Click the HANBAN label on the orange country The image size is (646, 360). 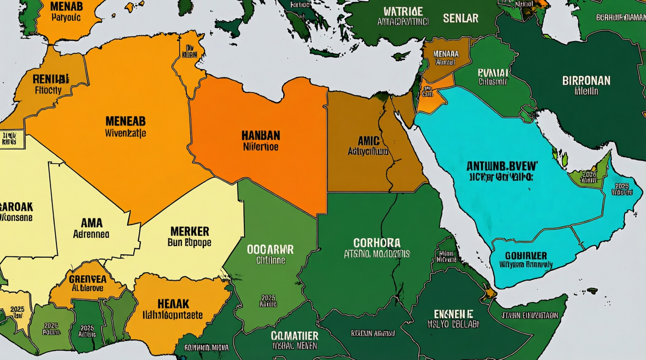(260, 136)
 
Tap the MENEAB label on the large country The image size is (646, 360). (125, 121)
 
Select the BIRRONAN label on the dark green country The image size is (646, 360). (586, 81)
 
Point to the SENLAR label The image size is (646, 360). (460, 18)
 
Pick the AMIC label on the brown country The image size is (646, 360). (368, 141)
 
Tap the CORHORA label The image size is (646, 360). (377, 243)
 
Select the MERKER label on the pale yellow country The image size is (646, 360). (189, 232)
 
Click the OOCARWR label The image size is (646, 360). (270, 249)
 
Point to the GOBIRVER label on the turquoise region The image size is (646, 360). (526, 256)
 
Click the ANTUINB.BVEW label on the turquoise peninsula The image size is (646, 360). (502, 166)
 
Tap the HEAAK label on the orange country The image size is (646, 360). (173, 303)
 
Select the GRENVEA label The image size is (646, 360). (87, 279)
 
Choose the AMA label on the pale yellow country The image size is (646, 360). (92, 223)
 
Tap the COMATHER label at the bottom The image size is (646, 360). (294, 336)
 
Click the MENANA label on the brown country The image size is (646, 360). (446, 54)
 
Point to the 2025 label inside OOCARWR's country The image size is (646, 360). (268, 298)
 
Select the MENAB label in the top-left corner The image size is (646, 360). (66, 7)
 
